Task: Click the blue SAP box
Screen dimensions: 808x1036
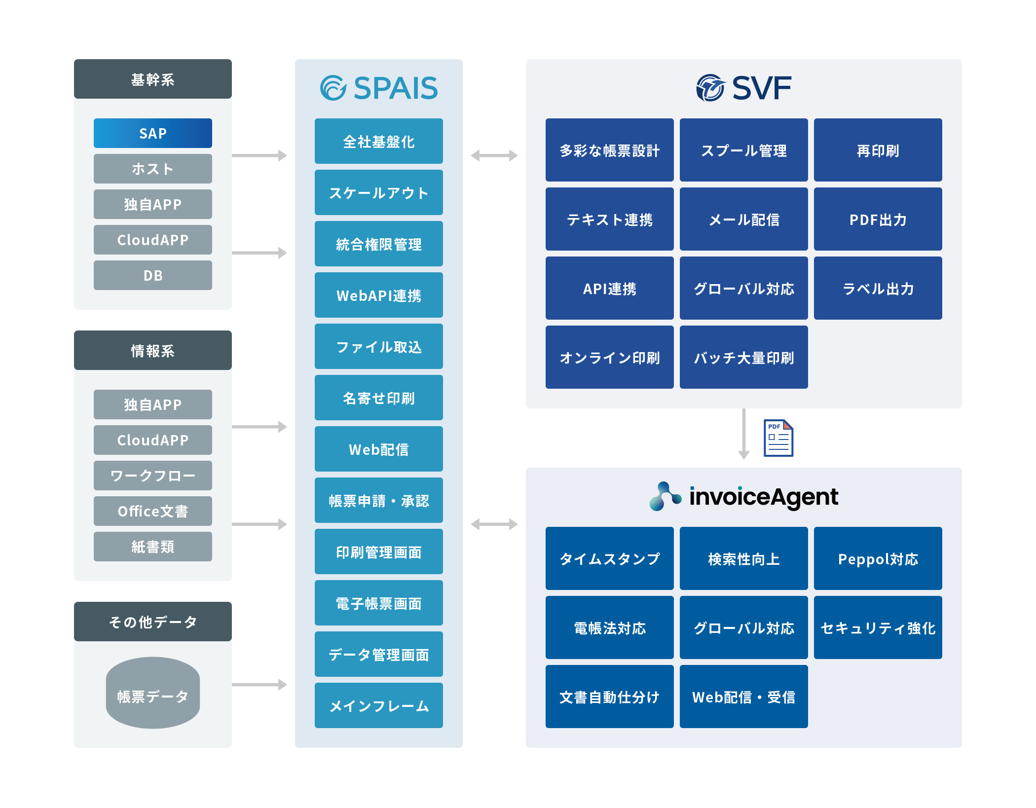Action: coord(152,133)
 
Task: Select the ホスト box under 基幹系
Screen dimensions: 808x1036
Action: coord(152,169)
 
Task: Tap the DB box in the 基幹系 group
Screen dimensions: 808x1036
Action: coord(152,275)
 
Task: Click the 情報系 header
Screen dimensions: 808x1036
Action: coord(152,350)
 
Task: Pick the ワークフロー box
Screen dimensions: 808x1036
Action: coord(152,476)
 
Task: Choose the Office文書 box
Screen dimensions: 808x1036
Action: coord(152,511)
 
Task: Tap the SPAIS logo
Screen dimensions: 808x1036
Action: coord(378,88)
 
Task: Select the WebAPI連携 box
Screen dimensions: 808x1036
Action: coord(378,295)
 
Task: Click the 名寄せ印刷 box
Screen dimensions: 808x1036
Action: coord(378,398)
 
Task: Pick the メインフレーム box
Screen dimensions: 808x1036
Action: coord(378,705)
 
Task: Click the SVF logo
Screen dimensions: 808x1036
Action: coord(743,88)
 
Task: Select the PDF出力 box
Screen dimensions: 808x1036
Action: coord(878,219)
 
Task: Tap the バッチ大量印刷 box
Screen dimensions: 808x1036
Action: coord(743,357)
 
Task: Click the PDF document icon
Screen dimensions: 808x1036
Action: coord(778,438)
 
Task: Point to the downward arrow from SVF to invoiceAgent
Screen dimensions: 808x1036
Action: coord(743,434)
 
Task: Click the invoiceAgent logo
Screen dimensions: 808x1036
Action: coord(743,496)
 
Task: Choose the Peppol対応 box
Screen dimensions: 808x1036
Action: coord(878,558)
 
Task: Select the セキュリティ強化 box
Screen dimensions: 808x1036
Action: coord(878,627)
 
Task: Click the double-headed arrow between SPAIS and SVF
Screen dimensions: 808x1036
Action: coord(494,155)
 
